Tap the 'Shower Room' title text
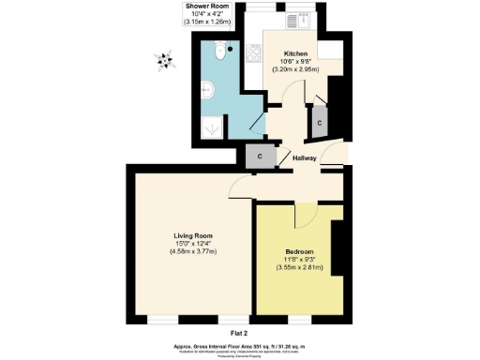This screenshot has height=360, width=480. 209,7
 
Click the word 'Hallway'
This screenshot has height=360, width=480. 305,158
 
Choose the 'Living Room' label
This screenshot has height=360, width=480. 193,235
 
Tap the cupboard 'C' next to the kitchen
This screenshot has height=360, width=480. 320,123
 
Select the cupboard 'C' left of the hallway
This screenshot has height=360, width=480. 258,157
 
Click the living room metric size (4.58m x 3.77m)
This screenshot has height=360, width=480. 193,251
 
